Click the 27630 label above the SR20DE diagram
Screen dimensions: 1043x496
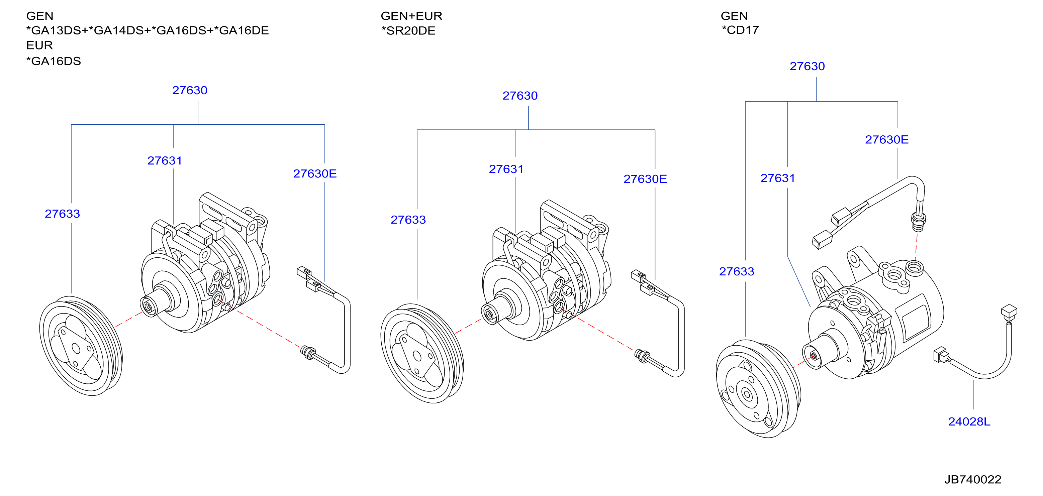point(520,96)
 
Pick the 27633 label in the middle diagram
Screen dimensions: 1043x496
point(408,220)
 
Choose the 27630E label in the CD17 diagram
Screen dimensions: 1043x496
point(887,140)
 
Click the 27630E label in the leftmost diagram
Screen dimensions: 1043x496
point(315,173)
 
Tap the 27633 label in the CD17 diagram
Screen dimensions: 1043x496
point(737,271)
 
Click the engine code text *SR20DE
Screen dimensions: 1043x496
point(408,31)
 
